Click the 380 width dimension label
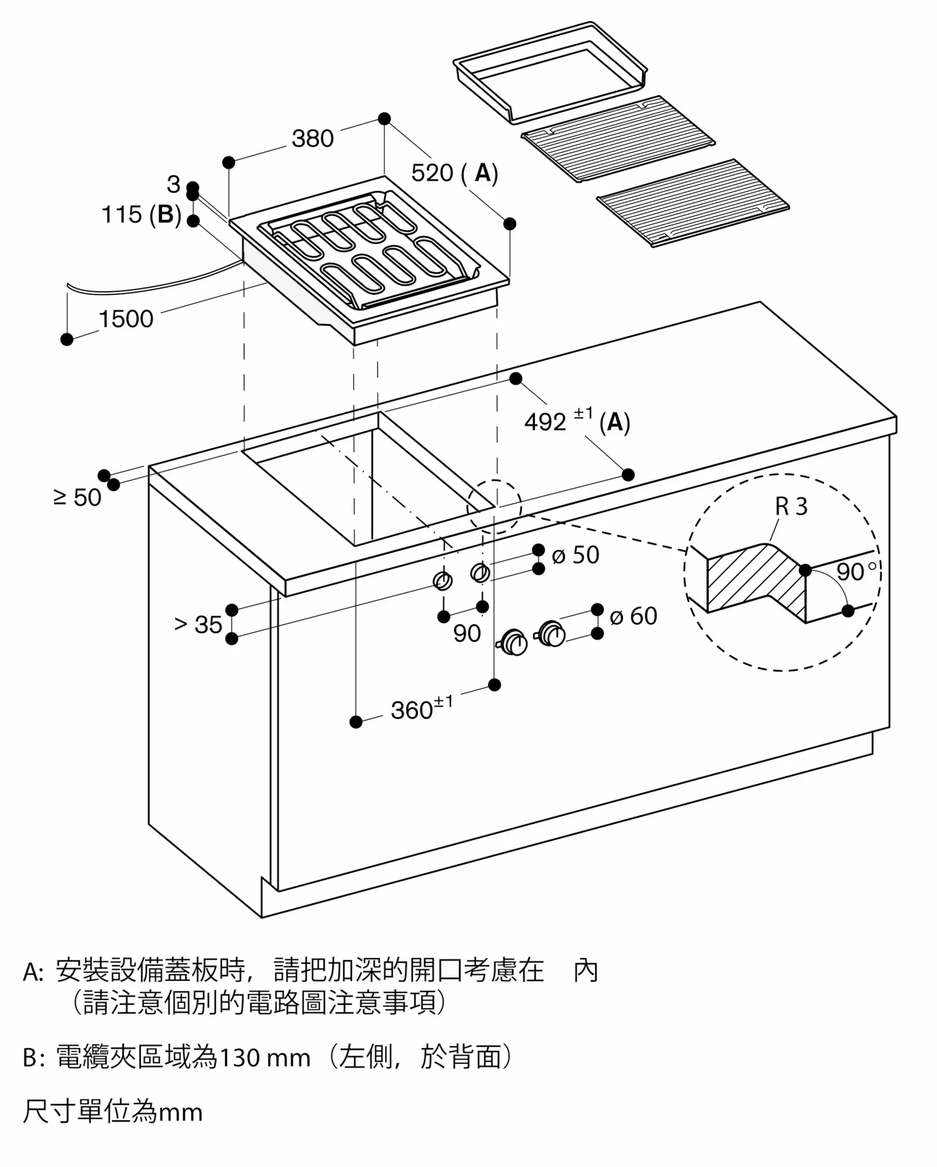tap(313, 139)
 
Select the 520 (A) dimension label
tap(454, 173)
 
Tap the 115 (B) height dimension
tap(141, 215)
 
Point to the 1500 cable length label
tap(125, 319)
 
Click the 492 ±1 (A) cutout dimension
tap(576, 421)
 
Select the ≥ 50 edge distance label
tap(77, 498)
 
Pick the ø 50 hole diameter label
tap(575, 555)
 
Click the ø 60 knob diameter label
tap(633, 616)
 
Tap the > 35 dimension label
tap(198, 625)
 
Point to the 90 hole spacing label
tap(467, 634)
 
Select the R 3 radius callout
tap(791, 506)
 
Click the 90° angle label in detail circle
tap(855, 572)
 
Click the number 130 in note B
tap(240, 1057)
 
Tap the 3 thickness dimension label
tap(173, 184)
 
